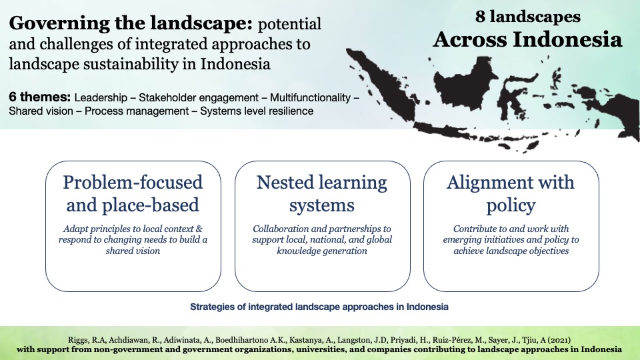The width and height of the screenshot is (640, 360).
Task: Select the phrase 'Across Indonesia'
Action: [528, 39]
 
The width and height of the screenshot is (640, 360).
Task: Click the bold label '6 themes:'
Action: [40, 97]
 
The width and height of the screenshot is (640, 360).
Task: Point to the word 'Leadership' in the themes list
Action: [100, 97]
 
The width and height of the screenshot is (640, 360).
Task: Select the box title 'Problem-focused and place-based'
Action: [133, 193]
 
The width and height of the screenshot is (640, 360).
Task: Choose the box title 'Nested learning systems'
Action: [322, 193]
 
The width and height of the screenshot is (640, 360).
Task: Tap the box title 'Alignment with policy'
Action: [511, 193]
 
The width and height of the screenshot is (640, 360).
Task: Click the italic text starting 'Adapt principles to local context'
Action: [133, 239]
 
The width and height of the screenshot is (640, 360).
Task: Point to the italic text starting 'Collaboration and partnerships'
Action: [322, 239]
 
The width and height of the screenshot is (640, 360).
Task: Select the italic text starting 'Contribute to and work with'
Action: [511, 239]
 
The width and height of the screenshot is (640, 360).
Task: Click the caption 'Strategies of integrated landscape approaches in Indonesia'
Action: [319, 307]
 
